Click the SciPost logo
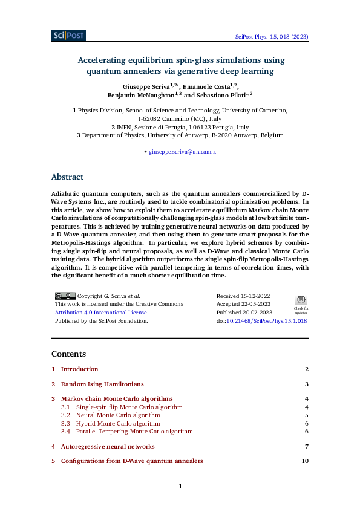tap(68, 36)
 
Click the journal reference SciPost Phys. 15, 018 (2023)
tap(272, 37)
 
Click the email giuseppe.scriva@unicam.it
tap(182, 152)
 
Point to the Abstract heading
tap(67, 177)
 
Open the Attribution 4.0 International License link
tap(101, 313)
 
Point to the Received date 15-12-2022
tap(243, 296)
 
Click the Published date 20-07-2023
tap(244, 313)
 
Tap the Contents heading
tap(68, 354)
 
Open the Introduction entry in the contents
tap(79, 369)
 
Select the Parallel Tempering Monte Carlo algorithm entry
tap(134, 432)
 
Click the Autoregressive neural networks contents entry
tap(108, 446)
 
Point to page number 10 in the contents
tap(305, 461)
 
